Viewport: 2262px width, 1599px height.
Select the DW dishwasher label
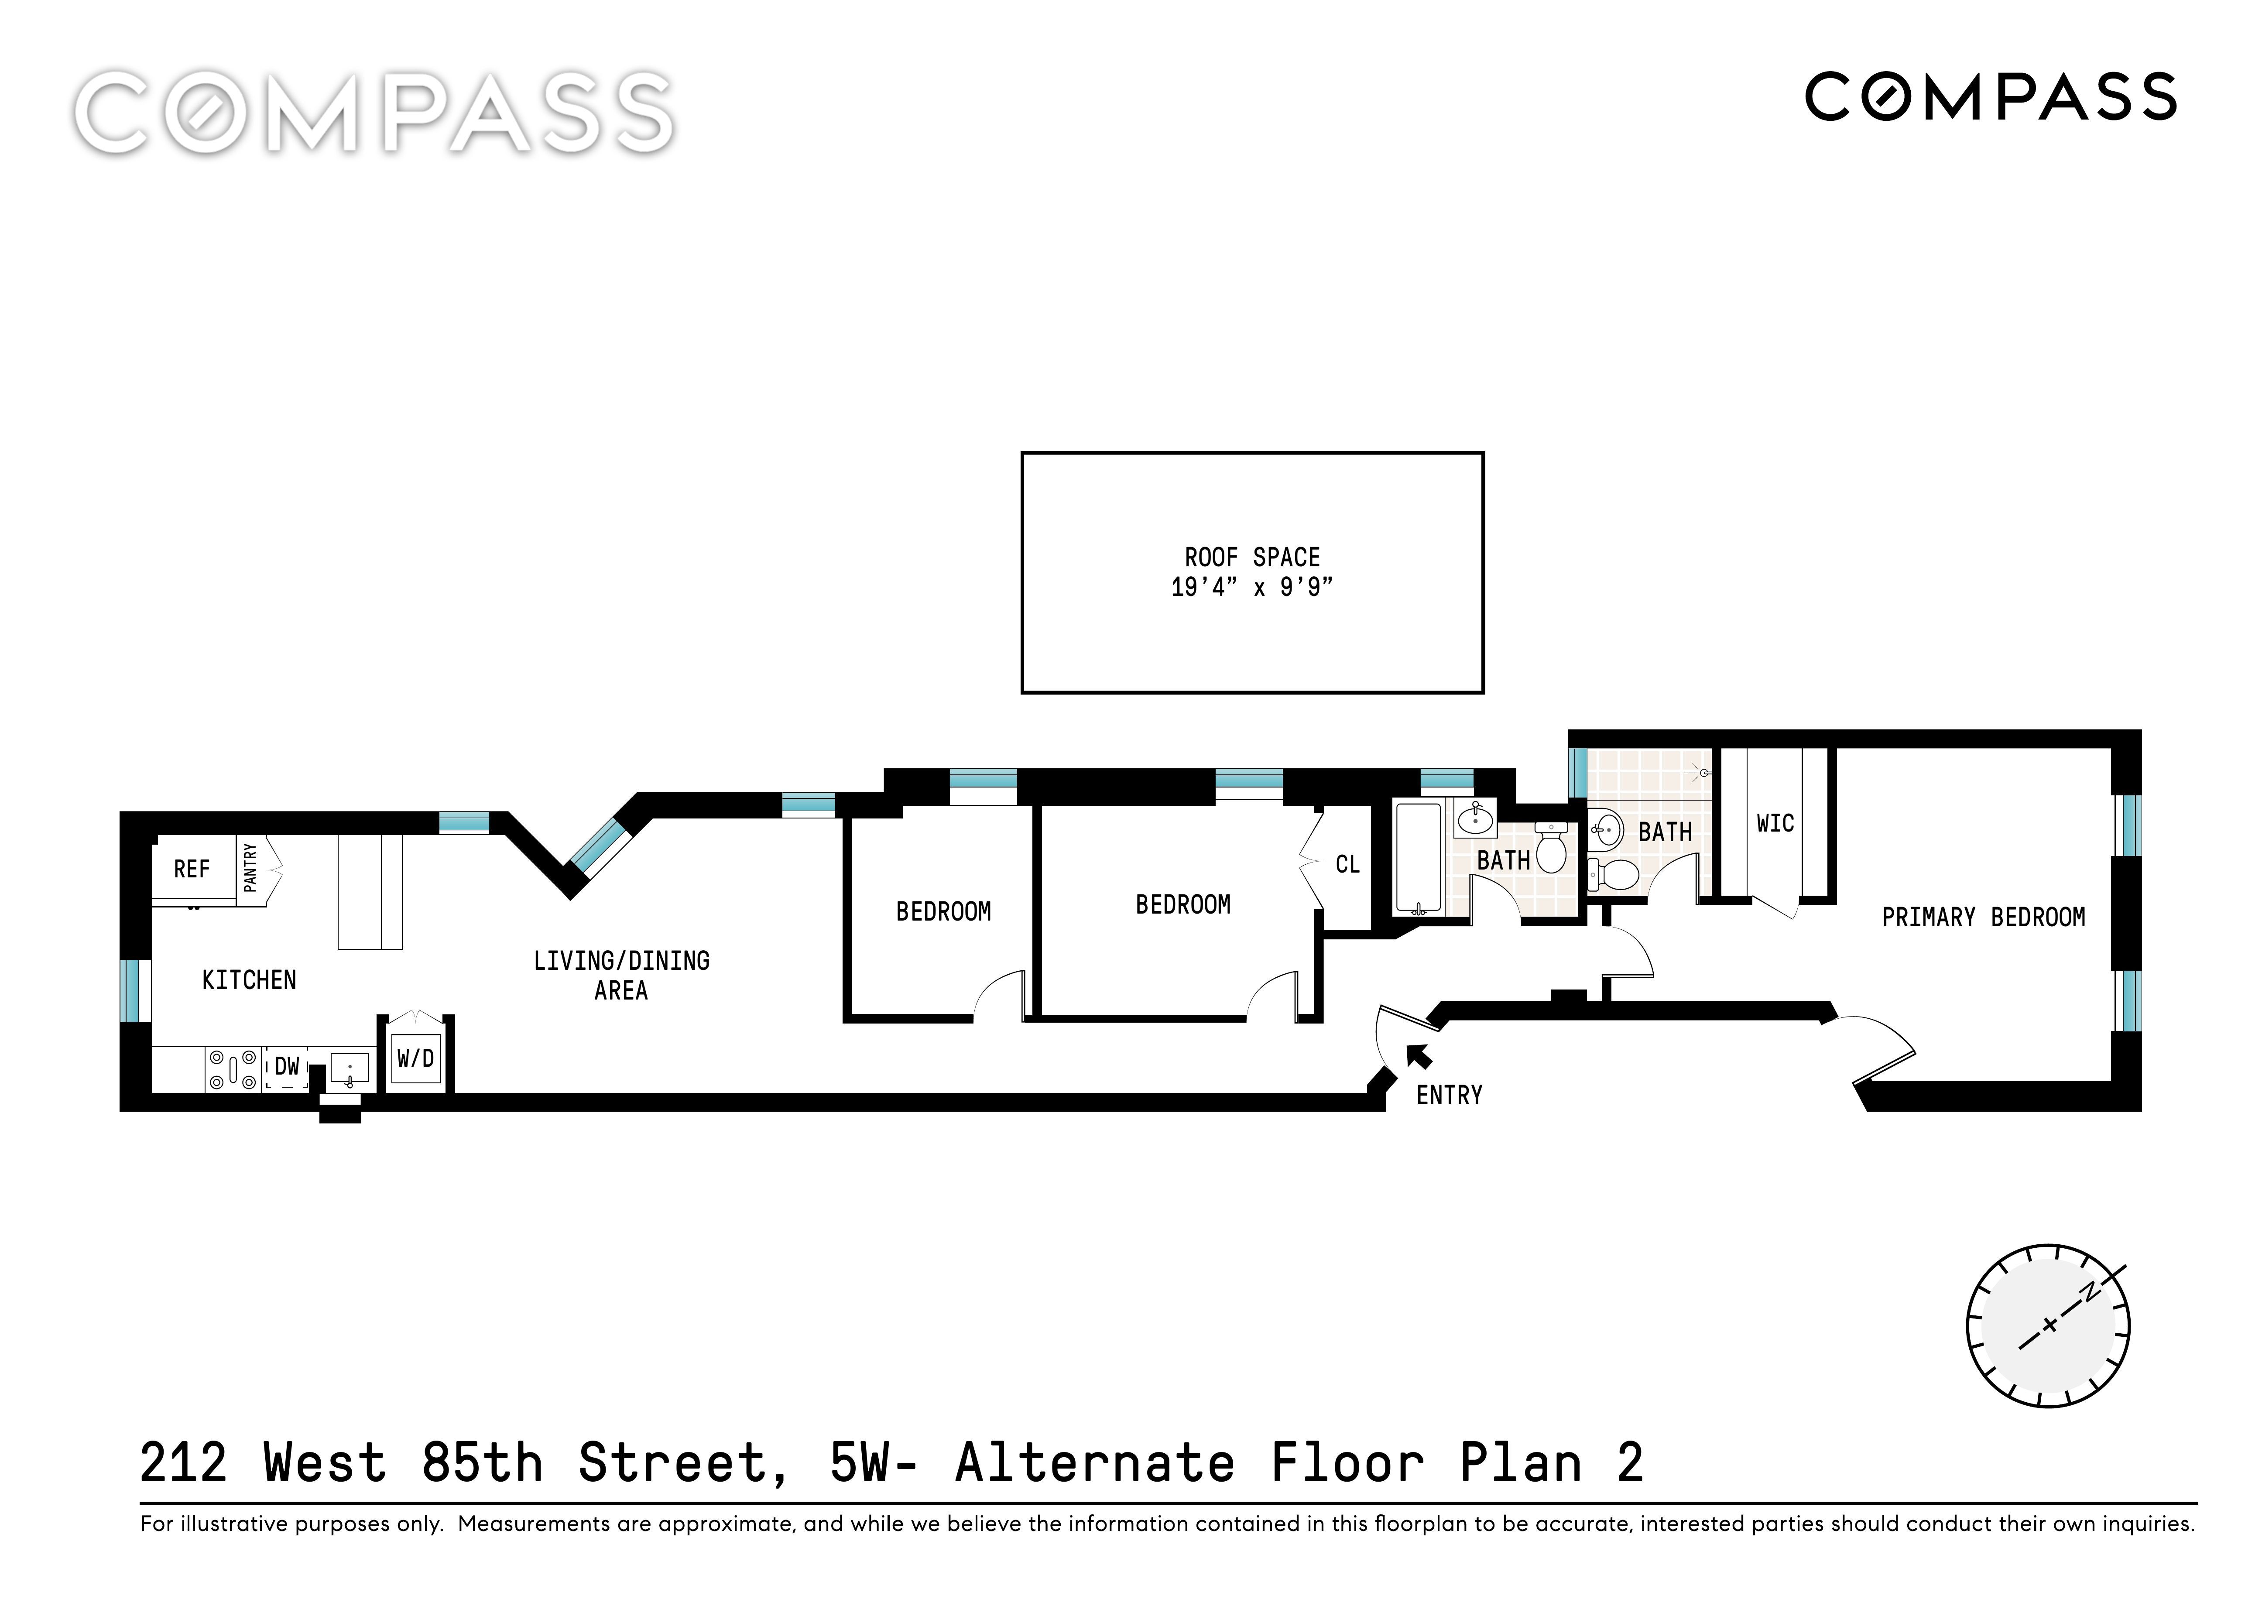coord(287,1066)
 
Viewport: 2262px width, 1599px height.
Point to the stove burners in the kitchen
coord(233,1069)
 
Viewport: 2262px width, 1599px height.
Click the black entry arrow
coord(1420,1056)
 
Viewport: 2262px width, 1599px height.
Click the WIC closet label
coord(1775,823)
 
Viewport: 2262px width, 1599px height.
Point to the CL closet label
coord(1348,864)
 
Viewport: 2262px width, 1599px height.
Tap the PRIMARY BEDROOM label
coord(1983,917)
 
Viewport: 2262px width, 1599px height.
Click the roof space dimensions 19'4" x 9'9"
coord(1252,587)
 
